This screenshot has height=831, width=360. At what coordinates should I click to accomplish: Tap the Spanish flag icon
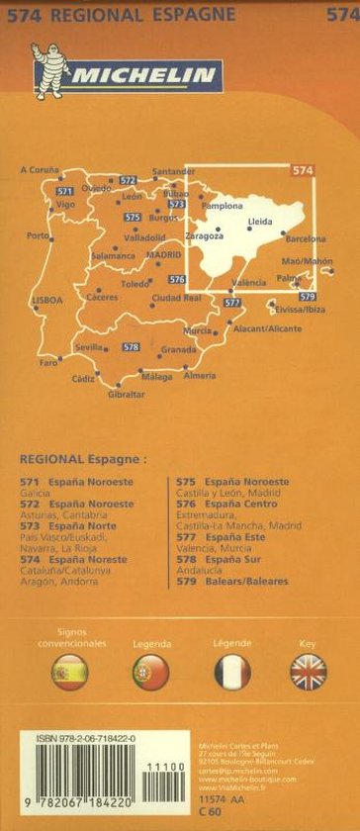point(70,672)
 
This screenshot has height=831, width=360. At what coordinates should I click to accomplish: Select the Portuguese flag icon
point(150,672)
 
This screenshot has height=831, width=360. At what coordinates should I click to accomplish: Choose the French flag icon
point(232,672)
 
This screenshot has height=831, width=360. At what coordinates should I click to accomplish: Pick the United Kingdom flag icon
point(309,672)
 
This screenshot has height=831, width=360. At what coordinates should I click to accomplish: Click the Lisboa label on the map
point(46,300)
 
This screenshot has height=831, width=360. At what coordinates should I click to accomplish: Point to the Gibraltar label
point(127,395)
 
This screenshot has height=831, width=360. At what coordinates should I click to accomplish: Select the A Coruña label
point(40,171)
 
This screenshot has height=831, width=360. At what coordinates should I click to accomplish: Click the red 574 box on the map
point(302,171)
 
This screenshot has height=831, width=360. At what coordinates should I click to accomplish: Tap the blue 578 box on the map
point(131,346)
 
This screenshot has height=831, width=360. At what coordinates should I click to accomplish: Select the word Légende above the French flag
point(232,643)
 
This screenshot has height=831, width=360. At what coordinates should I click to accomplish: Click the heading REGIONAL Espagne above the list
point(82,459)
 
